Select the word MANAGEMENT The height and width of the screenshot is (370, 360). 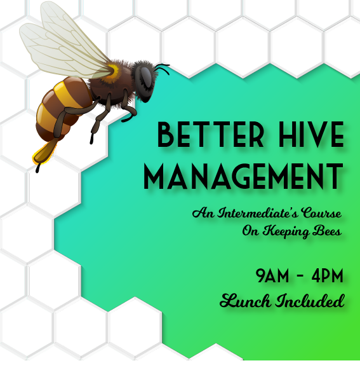pyautogui.click(x=243, y=176)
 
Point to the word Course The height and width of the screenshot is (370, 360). pyautogui.click(x=322, y=213)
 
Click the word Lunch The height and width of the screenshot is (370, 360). pyautogui.click(x=244, y=300)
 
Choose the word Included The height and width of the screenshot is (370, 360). pyautogui.click(x=310, y=300)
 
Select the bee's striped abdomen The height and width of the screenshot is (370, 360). pyautogui.click(x=60, y=111)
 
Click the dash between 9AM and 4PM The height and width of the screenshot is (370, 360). pyautogui.click(x=298, y=277)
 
